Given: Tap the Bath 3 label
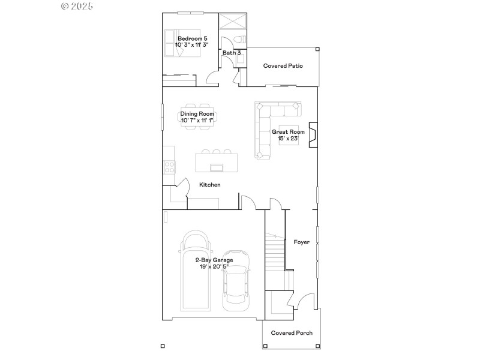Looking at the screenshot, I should pyautogui.click(x=232, y=53).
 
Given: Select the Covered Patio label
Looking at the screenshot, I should pyautogui.click(x=283, y=66).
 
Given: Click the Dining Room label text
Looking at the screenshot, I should pyautogui.click(x=197, y=113).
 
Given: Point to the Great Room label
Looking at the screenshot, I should pyautogui.click(x=288, y=131).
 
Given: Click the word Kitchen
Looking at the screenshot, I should pyautogui.click(x=210, y=185).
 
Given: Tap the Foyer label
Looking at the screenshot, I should pyautogui.click(x=301, y=242).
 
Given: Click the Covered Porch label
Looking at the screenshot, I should pyautogui.click(x=292, y=333).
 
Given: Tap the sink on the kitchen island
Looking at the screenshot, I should pyautogui.click(x=215, y=166).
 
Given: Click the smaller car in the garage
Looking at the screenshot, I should pyautogui.click(x=236, y=281).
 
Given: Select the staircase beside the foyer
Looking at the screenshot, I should pyautogui.click(x=275, y=252).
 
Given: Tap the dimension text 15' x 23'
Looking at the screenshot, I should pyautogui.click(x=288, y=139).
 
